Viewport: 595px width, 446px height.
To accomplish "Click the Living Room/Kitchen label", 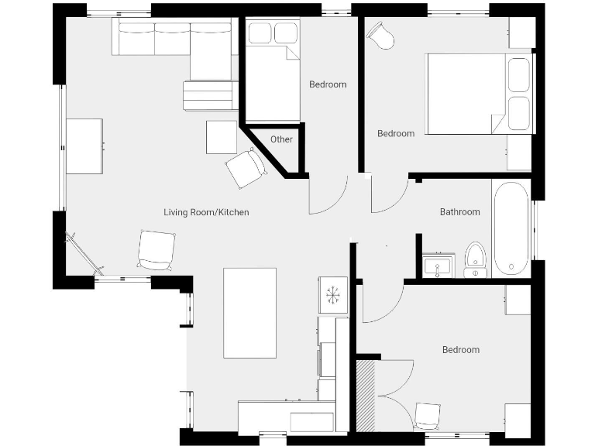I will coord(206,212).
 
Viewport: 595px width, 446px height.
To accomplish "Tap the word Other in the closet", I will coord(282,139).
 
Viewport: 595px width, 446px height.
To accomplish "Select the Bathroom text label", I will coord(459,211).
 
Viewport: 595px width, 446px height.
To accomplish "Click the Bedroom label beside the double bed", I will coord(395,133).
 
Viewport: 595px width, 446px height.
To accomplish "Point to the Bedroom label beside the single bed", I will coord(328,84).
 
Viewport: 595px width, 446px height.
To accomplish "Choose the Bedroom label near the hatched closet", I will coord(460,350).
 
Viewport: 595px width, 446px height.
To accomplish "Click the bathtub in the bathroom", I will coord(511,228).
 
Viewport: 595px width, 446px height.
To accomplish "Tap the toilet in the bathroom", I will coord(474,259).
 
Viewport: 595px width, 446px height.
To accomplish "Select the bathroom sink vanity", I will coord(439,265).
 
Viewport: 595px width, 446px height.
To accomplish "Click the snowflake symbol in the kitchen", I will coord(334,295).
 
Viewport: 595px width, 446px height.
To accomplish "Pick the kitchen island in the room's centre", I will coord(249,312).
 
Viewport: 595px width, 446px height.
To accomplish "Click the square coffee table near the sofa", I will coord(222,137).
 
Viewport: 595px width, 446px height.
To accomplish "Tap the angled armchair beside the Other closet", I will coord(246,168).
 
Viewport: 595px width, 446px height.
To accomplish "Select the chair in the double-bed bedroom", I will coord(380,35).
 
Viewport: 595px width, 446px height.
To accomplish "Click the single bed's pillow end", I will coord(273,33).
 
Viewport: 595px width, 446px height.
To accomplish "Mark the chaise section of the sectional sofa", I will coord(211,54).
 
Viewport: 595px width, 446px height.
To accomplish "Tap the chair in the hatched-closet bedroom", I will coord(427,415).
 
